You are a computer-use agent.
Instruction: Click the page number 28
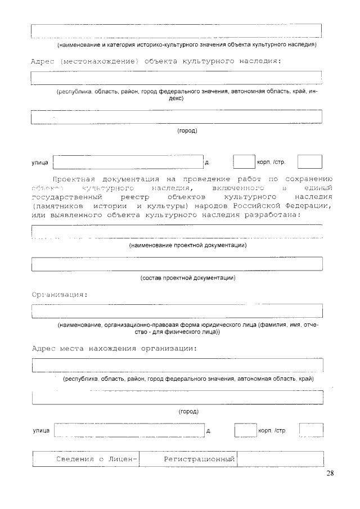click(x=330, y=473)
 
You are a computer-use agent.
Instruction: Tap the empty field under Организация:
click(x=177, y=310)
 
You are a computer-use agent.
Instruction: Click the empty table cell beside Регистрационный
click(x=280, y=460)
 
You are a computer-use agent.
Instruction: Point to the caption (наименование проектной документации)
click(x=188, y=245)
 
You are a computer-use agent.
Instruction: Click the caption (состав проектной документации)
click(x=188, y=278)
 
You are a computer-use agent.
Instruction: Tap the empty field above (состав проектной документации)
click(x=177, y=264)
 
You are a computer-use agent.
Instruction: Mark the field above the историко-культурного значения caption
click(x=177, y=31)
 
